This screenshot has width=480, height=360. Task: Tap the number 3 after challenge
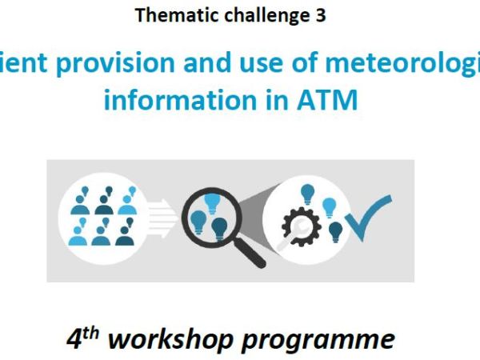(320, 15)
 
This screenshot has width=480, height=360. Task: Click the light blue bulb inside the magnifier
(211, 204)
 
